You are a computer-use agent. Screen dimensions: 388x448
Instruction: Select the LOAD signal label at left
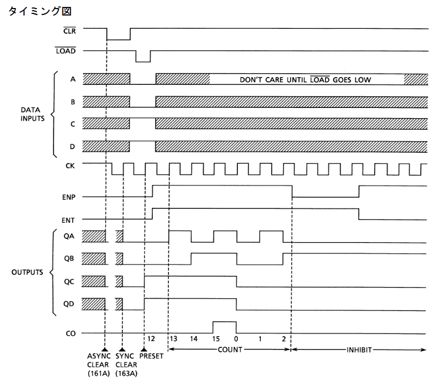click(65, 51)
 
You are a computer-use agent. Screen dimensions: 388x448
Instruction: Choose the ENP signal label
click(68, 197)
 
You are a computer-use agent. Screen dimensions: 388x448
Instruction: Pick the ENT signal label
click(68, 219)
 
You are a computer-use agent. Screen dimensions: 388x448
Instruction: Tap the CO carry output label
click(70, 333)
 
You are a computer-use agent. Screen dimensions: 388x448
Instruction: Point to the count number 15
click(217, 339)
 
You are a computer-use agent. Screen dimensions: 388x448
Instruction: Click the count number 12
click(151, 339)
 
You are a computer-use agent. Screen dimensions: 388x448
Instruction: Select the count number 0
click(236, 339)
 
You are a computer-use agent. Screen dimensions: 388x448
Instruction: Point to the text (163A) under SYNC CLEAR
click(126, 373)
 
